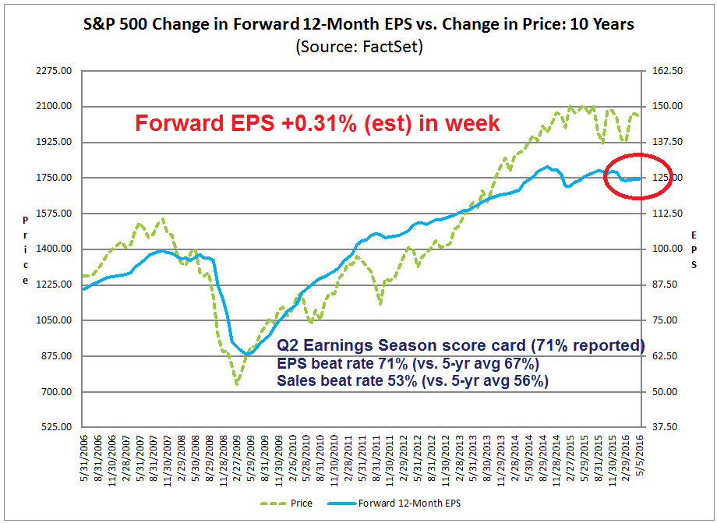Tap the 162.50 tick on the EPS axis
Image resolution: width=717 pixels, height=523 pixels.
pyautogui.click(x=667, y=71)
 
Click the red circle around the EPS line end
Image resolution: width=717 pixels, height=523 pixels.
pyautogui.click(x=638, y=176)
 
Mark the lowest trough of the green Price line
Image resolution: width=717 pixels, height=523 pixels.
pyautogui.click(x=236, y=383)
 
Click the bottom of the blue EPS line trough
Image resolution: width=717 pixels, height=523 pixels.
pyautogui.click(x=246, y=355)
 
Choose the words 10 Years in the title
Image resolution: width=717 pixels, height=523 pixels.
pyautogui.click(x=600, y=24)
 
